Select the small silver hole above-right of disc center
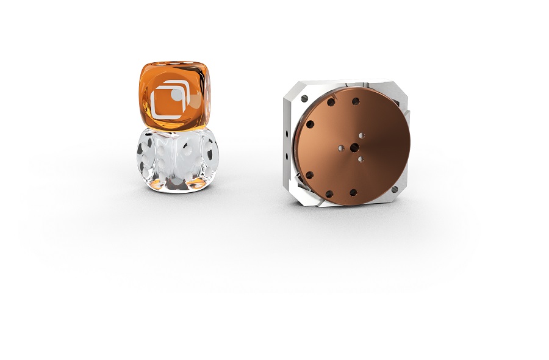tap(362, 135)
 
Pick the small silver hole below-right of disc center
tap(361, 159)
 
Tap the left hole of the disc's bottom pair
tap(329, 194)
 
